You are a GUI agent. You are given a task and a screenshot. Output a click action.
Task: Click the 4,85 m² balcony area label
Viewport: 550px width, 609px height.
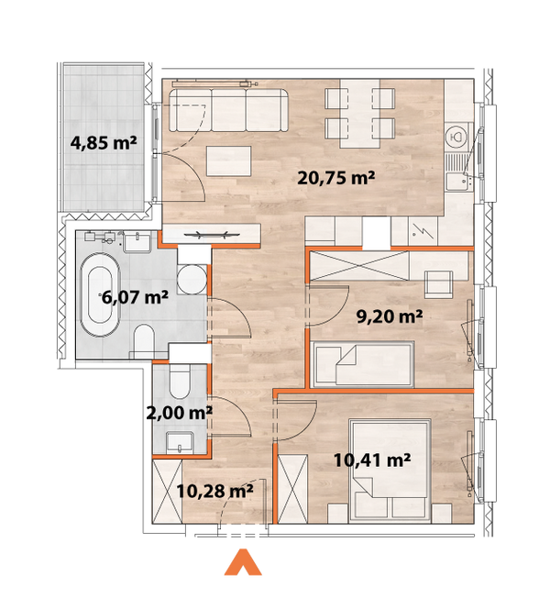pos(104,142)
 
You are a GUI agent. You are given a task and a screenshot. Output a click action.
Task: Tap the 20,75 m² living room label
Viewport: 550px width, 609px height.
pos(337,179)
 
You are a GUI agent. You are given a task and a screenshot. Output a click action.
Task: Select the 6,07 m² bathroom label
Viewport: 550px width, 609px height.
pos(135,297)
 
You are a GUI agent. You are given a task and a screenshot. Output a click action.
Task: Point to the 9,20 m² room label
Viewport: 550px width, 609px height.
pos(389,317)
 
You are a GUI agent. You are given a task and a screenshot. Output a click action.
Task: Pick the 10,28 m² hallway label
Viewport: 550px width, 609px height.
pos(214,492)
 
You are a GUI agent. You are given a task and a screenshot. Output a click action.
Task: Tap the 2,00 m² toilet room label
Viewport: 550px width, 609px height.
pos(181,413)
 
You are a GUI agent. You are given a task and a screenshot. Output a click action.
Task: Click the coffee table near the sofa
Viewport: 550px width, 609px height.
pos(230,161)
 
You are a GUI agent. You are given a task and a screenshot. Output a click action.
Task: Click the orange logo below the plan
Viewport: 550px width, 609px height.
pos(243,563)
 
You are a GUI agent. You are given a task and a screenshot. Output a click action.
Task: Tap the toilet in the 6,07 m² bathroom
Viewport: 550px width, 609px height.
pos(144,341)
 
